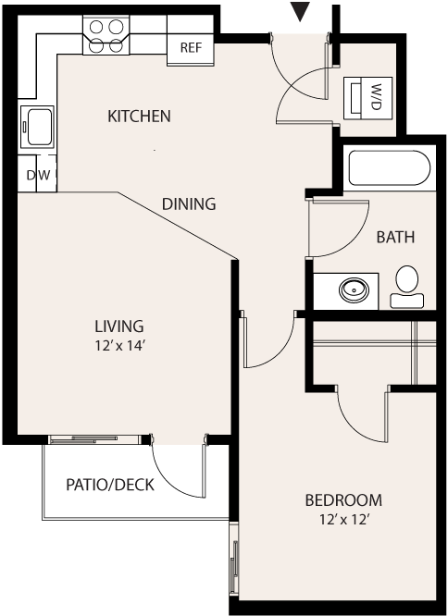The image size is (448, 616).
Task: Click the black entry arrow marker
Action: [x=300, y=11]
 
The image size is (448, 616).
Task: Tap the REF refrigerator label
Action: [x=191, y=47]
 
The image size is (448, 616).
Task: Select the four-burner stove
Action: [x=106, y=35]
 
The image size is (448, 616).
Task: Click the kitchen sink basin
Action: [x=39, y=127]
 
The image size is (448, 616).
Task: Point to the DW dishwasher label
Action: [x=39, y=175]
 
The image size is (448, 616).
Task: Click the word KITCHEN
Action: [x=139, y=117]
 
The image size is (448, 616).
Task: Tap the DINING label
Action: [x=189, y=203]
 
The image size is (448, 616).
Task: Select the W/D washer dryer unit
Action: [x=367, y=98]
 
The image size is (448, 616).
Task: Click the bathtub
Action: [x=390, y=167]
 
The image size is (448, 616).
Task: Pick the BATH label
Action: [x=395, y=237]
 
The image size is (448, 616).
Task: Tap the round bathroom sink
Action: [x=354, y=290]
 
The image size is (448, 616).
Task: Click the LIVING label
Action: [x=119, y=326]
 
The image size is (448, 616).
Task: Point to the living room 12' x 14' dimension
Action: [x=120, y=346]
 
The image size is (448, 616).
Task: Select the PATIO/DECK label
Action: [x=110, y=485]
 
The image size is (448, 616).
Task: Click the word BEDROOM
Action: [x=343, y=500]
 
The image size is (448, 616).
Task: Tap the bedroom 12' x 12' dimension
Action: [x=345, y=520]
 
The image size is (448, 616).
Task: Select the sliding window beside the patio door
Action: [x=94, y=439]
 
